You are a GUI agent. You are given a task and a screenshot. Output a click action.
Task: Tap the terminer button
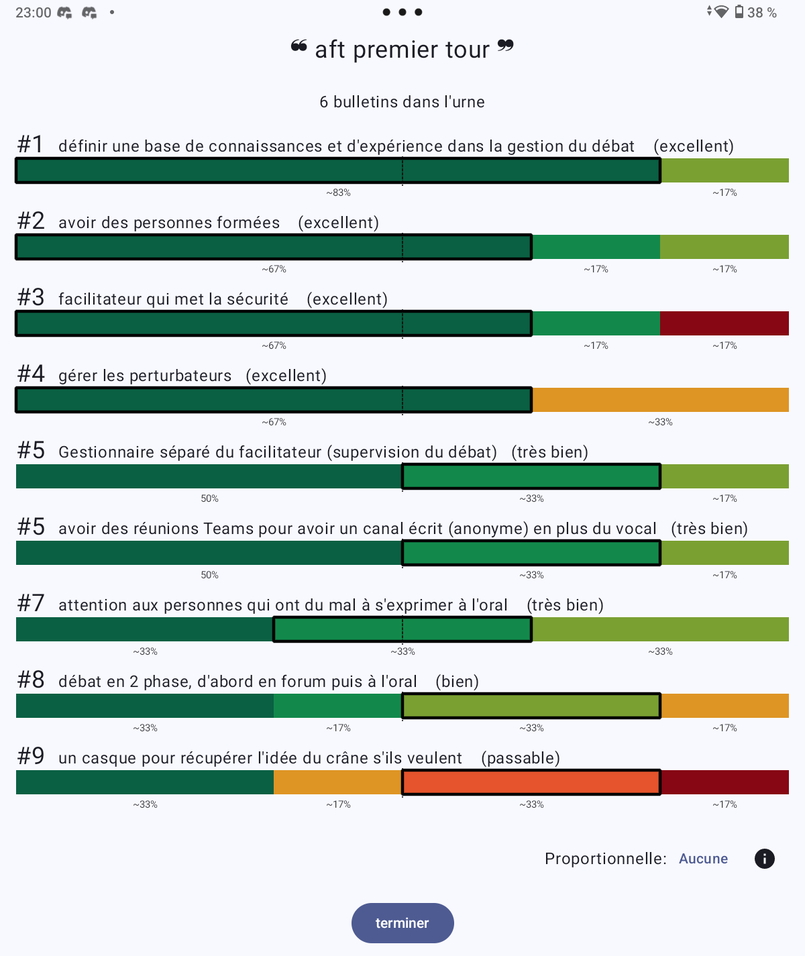[x=402, y=922]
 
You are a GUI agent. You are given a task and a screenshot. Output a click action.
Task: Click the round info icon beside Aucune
[x=764, y=859]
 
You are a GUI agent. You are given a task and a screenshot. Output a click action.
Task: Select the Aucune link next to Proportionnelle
[x=703, y=859]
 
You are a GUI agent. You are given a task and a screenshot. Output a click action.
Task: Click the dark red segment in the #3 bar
[x=724, y=323]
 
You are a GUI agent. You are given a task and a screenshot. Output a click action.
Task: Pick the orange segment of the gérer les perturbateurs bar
[x=660, y=400]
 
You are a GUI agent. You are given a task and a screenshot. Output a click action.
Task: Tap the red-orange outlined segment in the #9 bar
[x=531, y=782]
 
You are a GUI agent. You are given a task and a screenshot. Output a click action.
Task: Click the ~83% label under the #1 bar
[x=338, y=193]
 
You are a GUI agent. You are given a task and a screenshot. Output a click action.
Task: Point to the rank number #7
[x=31, y=603]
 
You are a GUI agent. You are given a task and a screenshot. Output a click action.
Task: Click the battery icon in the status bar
[x=739, y=11]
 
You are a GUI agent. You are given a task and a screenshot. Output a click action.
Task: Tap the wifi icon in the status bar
[x=720, y=11]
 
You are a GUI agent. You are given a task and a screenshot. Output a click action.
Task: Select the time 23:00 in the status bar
[x=34, y=12]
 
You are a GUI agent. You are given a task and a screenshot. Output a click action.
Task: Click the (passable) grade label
[x=521, y=757]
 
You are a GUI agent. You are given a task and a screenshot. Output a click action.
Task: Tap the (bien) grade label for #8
[x=457, y=682]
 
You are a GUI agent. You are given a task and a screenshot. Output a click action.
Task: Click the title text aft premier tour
[x=402, y=50]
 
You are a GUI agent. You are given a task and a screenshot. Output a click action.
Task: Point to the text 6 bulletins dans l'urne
[x=402, y=102]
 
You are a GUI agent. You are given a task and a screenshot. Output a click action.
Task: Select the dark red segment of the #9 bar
[x=724, y=782]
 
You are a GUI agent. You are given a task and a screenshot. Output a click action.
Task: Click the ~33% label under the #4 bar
[x=660, y=422]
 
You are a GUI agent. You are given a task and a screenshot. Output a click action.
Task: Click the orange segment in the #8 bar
[x=724, y=706]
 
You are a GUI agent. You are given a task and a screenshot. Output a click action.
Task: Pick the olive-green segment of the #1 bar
[x=724, y=170]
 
